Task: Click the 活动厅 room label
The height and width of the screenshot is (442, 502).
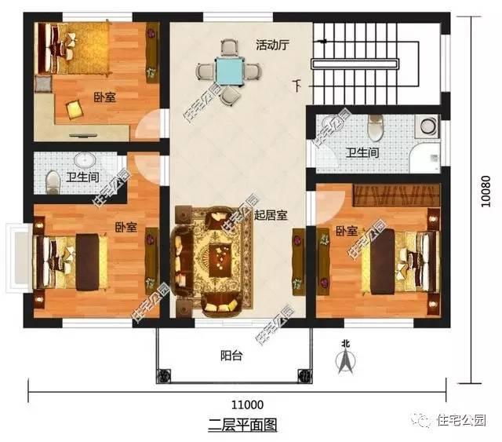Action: (x=273, y=45)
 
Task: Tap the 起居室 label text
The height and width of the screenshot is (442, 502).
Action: (x=271, y=214)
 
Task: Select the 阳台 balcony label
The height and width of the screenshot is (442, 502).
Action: (x=230, y=355)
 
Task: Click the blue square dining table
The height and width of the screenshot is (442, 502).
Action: (x=230, y=70)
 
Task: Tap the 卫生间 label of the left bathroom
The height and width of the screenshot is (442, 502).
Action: (x=82, y=177)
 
